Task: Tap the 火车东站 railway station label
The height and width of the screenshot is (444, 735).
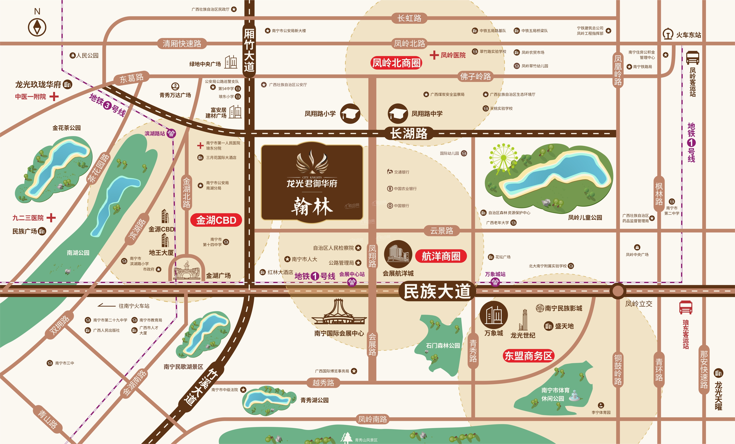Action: coord(688,35)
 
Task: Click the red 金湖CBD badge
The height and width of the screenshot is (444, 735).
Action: coord(216,220)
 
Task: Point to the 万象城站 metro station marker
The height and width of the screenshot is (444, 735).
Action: coord(495,282)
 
